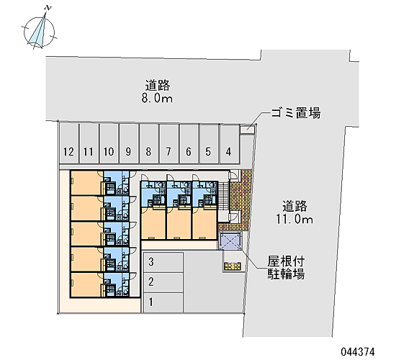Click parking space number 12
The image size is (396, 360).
click(68, 143)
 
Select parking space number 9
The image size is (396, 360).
click(129, 143)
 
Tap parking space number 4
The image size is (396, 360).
click(229, 143)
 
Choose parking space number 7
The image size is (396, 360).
click(168, 143)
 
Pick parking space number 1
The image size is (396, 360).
click(163, 302)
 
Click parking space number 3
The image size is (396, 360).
click(163, 263)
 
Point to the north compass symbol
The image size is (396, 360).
click(39, 31)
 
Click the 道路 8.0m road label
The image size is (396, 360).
click(157, 91)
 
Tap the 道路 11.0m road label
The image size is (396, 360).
click(294, 212)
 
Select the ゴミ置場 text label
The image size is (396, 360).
click(296, 112)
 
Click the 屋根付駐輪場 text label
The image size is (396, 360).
click(286, 268)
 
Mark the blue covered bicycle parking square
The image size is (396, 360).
click(230, 240)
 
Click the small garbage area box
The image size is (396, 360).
click(247, 130)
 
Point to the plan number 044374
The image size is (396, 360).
click(358, 351)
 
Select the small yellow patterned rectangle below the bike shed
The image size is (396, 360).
click(233, 266)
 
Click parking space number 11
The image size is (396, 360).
click(89, 143)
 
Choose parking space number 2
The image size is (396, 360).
click(163, 283)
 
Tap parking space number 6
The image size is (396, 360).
click(189, 143)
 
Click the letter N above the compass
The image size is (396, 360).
click(48, 8)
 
